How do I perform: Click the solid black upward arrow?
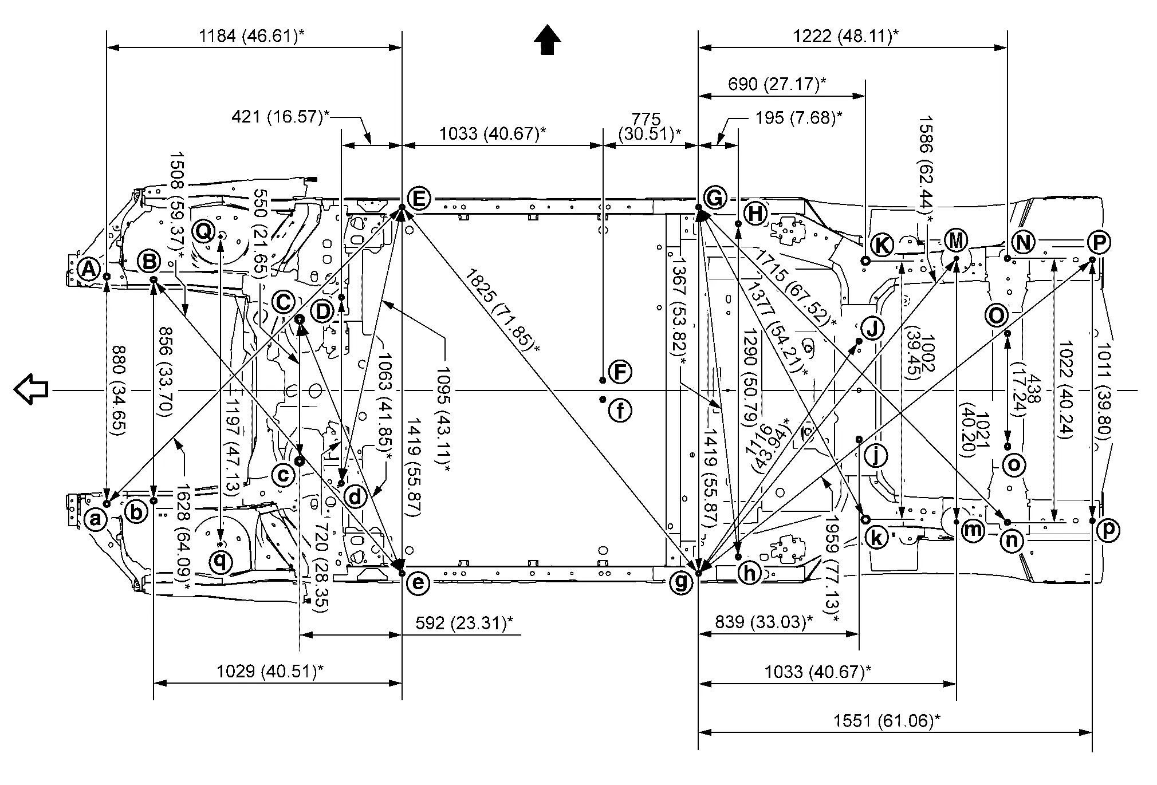point(547,40)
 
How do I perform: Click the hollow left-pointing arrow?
point(31,389)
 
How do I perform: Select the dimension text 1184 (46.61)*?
point(251,36)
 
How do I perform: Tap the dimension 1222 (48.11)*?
point(845,36)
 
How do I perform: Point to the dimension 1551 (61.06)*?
point(887,720)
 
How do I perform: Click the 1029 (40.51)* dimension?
point(269,671)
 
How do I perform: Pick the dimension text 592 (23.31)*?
point(464,623)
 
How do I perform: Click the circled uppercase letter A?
point(88,269)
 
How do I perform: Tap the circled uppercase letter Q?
point(203,231)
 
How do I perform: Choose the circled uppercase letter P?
point(1098,243)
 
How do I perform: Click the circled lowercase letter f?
point(620,410)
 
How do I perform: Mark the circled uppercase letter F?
point(619,372)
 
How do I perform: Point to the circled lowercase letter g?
point(681,582)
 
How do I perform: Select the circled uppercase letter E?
point(419,199)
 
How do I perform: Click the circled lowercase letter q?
point(221,562)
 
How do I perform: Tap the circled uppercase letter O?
point(997,315)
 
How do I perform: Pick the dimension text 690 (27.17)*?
point(777,84)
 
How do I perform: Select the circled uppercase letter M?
point(955,240)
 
